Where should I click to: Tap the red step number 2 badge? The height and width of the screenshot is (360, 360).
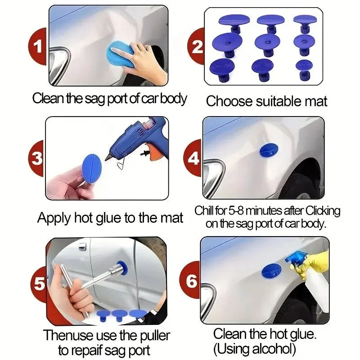click(x=197, y=46)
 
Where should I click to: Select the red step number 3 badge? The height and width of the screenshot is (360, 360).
click(x=37, y=158)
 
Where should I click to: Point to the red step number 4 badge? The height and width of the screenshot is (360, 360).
click(x=193, y=158)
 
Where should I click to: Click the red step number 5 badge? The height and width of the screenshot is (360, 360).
click(x=39, y=284)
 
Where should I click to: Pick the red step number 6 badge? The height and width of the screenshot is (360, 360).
click(x=192, y=282)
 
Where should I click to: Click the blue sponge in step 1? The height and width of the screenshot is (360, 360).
click(x=119, y=55)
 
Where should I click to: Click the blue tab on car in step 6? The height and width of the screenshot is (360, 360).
click(x=271, y=271)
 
